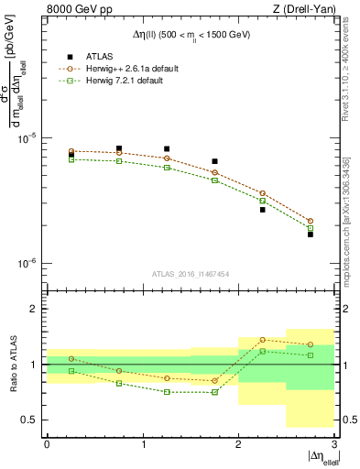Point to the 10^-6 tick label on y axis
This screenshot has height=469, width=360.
coord(29,264)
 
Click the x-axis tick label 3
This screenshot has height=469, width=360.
coord(334,444)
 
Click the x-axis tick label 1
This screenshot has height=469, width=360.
coord(143,444)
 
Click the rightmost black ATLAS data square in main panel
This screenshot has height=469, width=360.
coord(311,234)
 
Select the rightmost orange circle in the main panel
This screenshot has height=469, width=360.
coord(311,221)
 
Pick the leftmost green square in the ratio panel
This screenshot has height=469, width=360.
coord(71,371)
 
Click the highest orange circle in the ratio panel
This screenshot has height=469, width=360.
coord(263,340)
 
